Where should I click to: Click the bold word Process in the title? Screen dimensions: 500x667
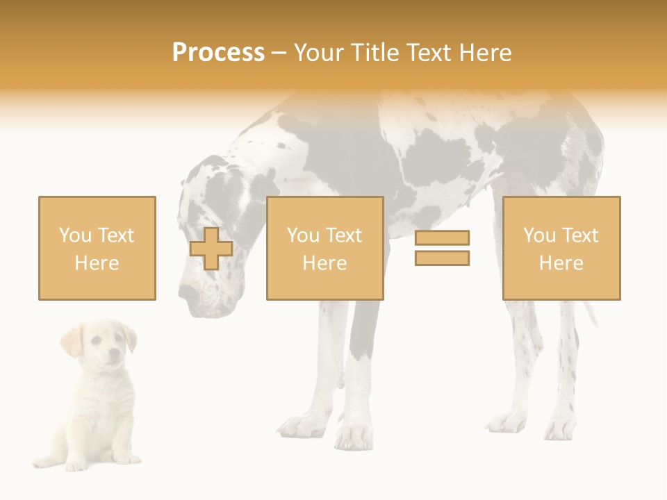pyautogui.click(x=218, y=53)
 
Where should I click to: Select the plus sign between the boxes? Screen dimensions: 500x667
pyautogui.click(x=211, y=249)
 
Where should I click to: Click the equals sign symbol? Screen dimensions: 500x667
pyautogui.click(x=442, y=248)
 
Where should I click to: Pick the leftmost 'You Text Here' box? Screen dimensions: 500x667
pyautogui.click(x=97, y=248)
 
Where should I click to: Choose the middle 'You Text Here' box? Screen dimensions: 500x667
pyautogui.click(x=324, y=248)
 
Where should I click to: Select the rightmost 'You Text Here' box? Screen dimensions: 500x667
pyautogui.click(x=561, y=248)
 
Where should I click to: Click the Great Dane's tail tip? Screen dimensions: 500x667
pyautogui.click(x=594, y=319)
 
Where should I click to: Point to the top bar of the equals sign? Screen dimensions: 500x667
pyautogui.click(x=442, y=238)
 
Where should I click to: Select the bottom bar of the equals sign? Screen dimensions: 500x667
pyautogui.click(x=442, y=258)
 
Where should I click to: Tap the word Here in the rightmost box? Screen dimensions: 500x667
pyautogui.click(x=561, y=263)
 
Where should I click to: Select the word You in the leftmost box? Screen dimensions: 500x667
pyautogui.click(x=74, y=235)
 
